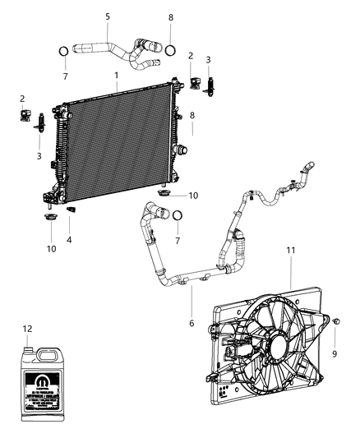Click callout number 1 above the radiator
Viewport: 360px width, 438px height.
pyautogui.click(x=117, y=76)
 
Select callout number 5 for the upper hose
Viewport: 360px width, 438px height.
pyautogui.click(x=107, y=16)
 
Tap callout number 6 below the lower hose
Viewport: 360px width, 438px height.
pyautogui.click(x=192, y=323)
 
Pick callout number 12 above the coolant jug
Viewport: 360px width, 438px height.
pyautogui.click(x=27, y=329)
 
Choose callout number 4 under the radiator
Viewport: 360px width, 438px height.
pyautogui.click(x=68, y=240)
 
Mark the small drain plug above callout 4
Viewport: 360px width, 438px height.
pyautogui.click(x=71, y=212)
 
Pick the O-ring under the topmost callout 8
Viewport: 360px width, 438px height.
pyautogui.click(x=170, y=49)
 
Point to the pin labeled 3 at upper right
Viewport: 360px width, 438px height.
pyautogui.click(x=210, y=85)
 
